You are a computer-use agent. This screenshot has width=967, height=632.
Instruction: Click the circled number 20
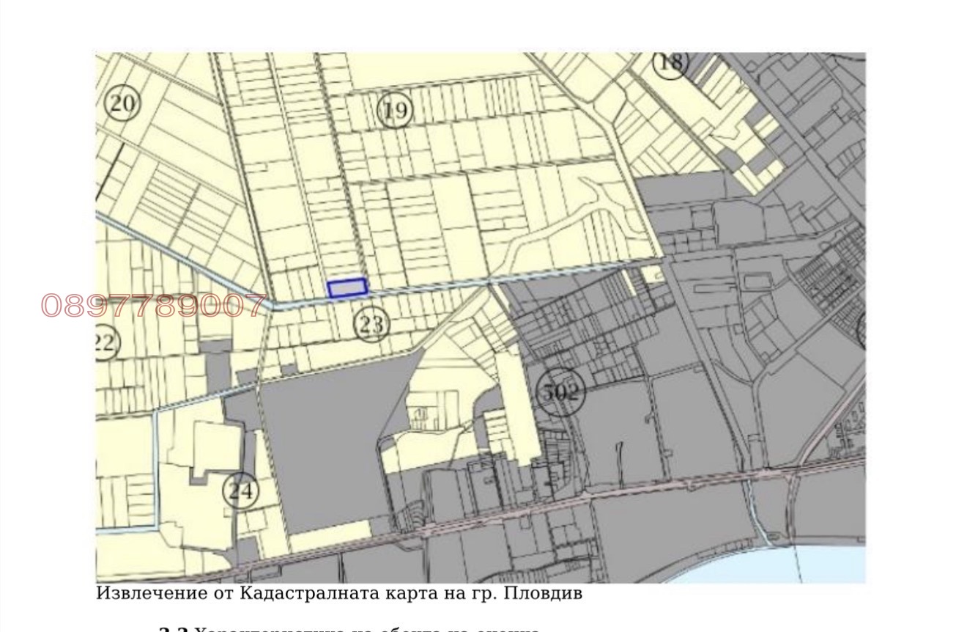click(122, 103)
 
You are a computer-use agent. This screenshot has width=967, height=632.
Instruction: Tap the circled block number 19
click(395, 111)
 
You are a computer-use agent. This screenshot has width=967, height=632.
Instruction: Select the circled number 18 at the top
click(670, 62)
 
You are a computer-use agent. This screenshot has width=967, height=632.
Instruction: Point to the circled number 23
click(371, 323)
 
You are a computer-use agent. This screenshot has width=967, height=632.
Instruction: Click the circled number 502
click(560, 392)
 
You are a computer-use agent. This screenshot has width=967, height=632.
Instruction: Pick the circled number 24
click(240, 490)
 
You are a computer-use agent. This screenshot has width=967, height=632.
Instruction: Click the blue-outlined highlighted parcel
click(347, 288)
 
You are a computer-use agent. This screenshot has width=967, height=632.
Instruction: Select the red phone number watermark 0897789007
click(154, 305)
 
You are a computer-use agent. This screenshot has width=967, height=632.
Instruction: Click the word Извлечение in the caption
click(140, 593)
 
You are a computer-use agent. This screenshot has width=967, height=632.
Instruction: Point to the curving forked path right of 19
click(579, 213)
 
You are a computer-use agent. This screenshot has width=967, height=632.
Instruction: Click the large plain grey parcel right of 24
click(322, 455)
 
